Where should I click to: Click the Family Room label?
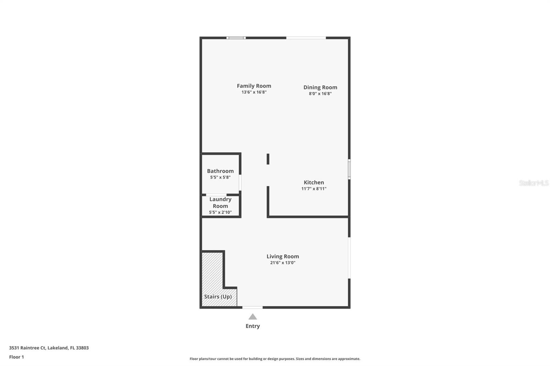(254, 86)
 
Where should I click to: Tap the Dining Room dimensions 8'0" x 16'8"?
(320, 94)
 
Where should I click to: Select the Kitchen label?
(313, 182)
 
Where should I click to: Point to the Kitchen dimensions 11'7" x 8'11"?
(313, 188)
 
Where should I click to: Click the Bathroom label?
(220, 171)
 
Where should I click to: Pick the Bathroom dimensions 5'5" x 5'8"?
(220, 178)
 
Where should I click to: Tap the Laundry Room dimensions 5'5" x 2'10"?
(220, 213)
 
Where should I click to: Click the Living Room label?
(283, 256)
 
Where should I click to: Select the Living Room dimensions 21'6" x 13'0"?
(283, 263)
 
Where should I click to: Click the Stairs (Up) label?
(218, 297)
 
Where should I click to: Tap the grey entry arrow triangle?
(253, 317)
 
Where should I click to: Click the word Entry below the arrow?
(253, 326)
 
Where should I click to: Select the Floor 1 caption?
(16, 357)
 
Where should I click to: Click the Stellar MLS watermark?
(533, 183)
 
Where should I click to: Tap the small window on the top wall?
(236, 38)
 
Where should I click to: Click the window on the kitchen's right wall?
(349, 169)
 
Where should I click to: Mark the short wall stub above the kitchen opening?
(268, 159)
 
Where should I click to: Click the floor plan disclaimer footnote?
(275, 359)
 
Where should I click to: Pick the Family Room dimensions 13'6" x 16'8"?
(254, 92)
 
